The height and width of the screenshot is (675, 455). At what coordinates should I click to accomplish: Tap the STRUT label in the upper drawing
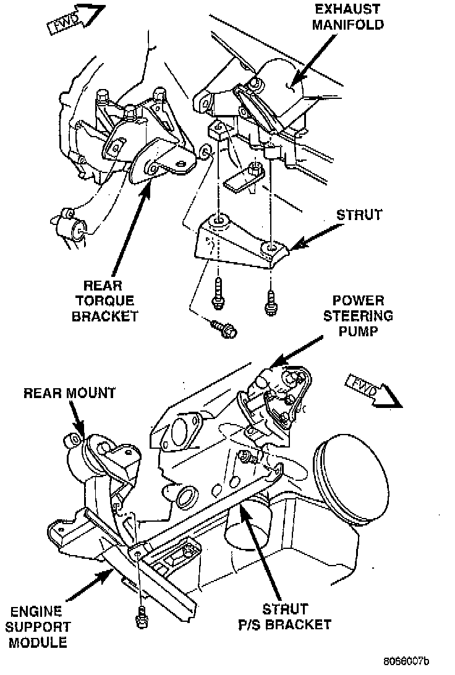click(x=359, y=216)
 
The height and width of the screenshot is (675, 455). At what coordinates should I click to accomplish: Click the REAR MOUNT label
click(x=70, y=393)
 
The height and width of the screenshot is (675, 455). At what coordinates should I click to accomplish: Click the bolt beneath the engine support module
click(x=140, y=615)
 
